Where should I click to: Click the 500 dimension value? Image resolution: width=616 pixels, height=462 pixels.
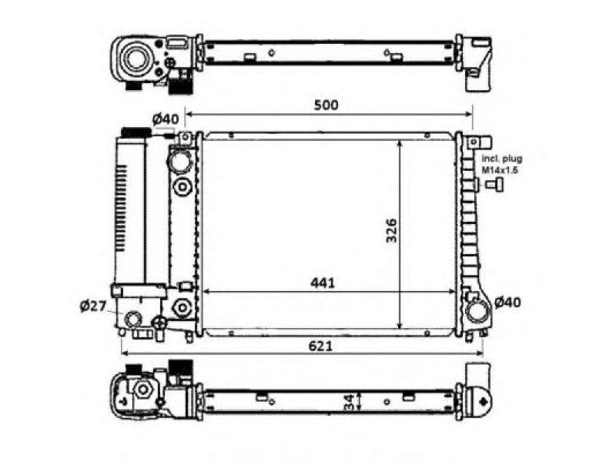click(x=326, y=105)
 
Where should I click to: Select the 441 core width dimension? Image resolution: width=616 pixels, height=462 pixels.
click(x=323, y=283)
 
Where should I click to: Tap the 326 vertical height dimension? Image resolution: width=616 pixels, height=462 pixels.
click(x=391, y=230)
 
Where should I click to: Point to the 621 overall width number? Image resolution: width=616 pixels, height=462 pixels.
click(x=320, y=346)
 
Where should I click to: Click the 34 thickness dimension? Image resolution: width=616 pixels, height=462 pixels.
click(x=348, y=402)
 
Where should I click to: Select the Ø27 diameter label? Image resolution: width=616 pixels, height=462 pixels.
click(x=93, y=305)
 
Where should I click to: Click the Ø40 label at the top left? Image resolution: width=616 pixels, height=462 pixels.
click(x=166, y=118)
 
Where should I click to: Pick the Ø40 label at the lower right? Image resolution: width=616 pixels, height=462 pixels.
click(x=507, y=302)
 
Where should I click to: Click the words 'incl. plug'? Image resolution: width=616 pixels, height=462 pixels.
click(x=502, y=159)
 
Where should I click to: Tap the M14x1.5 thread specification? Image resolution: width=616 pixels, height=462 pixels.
click(x=500, y=170)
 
